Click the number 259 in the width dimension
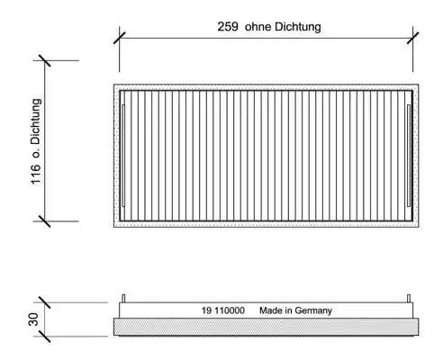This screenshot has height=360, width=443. pyautogui.click(x=228, y=27)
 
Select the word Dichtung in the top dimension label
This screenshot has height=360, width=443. pyautogui.click(x=297, y=27)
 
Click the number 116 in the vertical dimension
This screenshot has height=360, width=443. pyautogui.click(x=36, y=174)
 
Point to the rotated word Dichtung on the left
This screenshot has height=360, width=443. pyautogui.click(x=36, y=121)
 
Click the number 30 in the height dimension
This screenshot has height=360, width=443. pyautogui.click(x=33, y=319)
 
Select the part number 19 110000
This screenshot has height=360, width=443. pyautogui.click(x=223, y=310)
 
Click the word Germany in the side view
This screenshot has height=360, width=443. pyautogui.click(x=313, y=310)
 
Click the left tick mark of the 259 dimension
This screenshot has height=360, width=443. pyautogui.click(x=119, y=38)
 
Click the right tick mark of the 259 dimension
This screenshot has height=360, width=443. pyautogui.click(x=412, y=38)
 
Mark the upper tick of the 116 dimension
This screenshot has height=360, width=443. pyautogui.click(x=45, y=60)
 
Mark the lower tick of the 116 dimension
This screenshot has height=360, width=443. pyautogui.click(x=45, y=221)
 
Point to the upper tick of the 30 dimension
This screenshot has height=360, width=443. pyautogui.click(x=45, y=302)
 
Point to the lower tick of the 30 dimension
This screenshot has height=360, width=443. pyautogui.click(x=45, y=337)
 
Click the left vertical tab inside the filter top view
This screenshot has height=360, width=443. pyautogui.click(x=123, y=156)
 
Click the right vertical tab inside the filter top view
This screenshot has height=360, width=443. pyautogui.click(x=409, y=156)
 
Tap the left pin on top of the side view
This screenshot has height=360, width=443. pyautogui.click(x=123, y=299)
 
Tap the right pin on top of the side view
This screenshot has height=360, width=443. pyautogui.click(x=409, y=299)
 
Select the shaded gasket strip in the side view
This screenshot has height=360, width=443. pyautogui.click(x=267, y=327)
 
